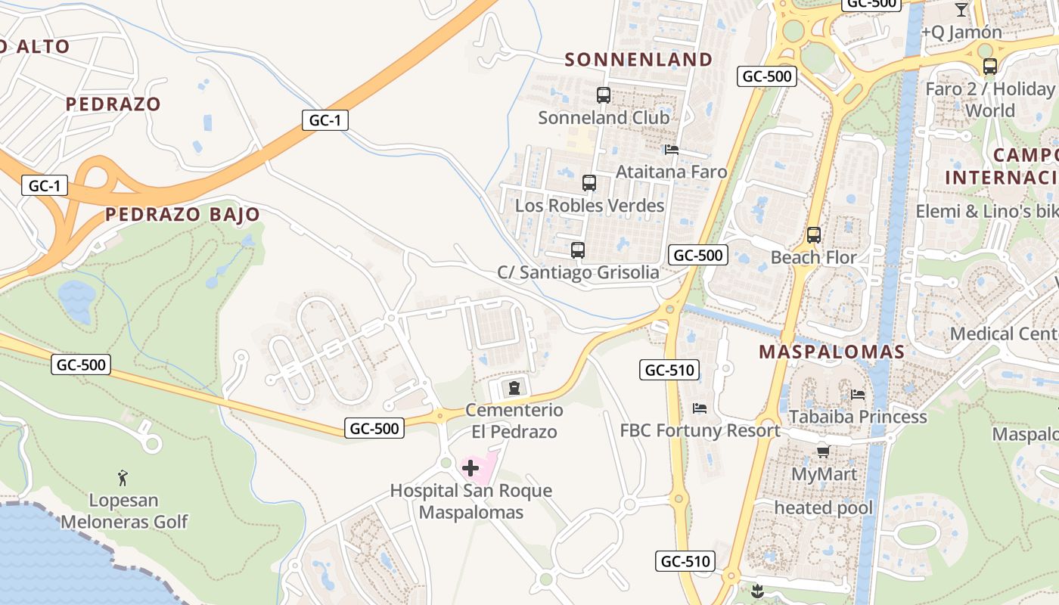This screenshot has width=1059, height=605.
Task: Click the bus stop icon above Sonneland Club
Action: pyautogui.click(x=603, y=95)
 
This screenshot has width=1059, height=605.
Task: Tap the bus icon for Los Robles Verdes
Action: pyautogui.click(x=589, y=183)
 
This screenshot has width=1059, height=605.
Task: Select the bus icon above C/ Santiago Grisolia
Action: pyautogui.click(x=578, y=250)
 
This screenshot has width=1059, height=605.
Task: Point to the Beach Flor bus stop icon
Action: pyautogui.click(x=814, y=235)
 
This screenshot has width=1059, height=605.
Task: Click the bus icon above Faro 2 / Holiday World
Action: pyautogui.click(x=989, y=67)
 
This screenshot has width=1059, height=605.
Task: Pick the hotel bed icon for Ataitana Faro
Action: pyautogui.click(x=671, y=150)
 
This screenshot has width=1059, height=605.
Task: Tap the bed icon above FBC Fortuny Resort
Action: pyautogui.click(x=700, y=408)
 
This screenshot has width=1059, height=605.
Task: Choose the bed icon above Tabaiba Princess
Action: pyautogui.click(x=858, y=394)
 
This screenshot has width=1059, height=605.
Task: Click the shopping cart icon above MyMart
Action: pyautogui.click(x=823, y=452)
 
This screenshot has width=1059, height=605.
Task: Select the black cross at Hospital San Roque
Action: pyautogui.click(x=470, y=468)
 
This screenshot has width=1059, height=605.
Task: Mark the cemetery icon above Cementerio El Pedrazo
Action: pyautogui.click(x=514, y=389)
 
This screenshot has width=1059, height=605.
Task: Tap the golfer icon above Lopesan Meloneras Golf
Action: pyautogui.click(x=123, y=477)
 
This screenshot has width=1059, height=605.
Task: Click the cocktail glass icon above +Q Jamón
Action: pyautogui.click(x=961, y=10)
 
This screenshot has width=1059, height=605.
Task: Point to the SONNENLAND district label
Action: pyautogui.click(x=638, y=60)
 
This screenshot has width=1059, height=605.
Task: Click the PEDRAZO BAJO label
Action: pyautogui.click(x=182, y=215)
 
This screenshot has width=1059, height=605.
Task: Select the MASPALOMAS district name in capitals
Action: pyautogui.click(x=831, y=352)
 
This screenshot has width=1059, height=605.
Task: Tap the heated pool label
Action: pyautogui.click(x=823, y=507)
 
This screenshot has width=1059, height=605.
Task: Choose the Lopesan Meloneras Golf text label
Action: pyautogui.click(x=124, y=511)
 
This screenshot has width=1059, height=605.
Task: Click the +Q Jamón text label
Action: pyautogui.click(x=961, y=33)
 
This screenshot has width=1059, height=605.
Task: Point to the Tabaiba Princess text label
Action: pyautogui.click(x=858, y=417)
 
